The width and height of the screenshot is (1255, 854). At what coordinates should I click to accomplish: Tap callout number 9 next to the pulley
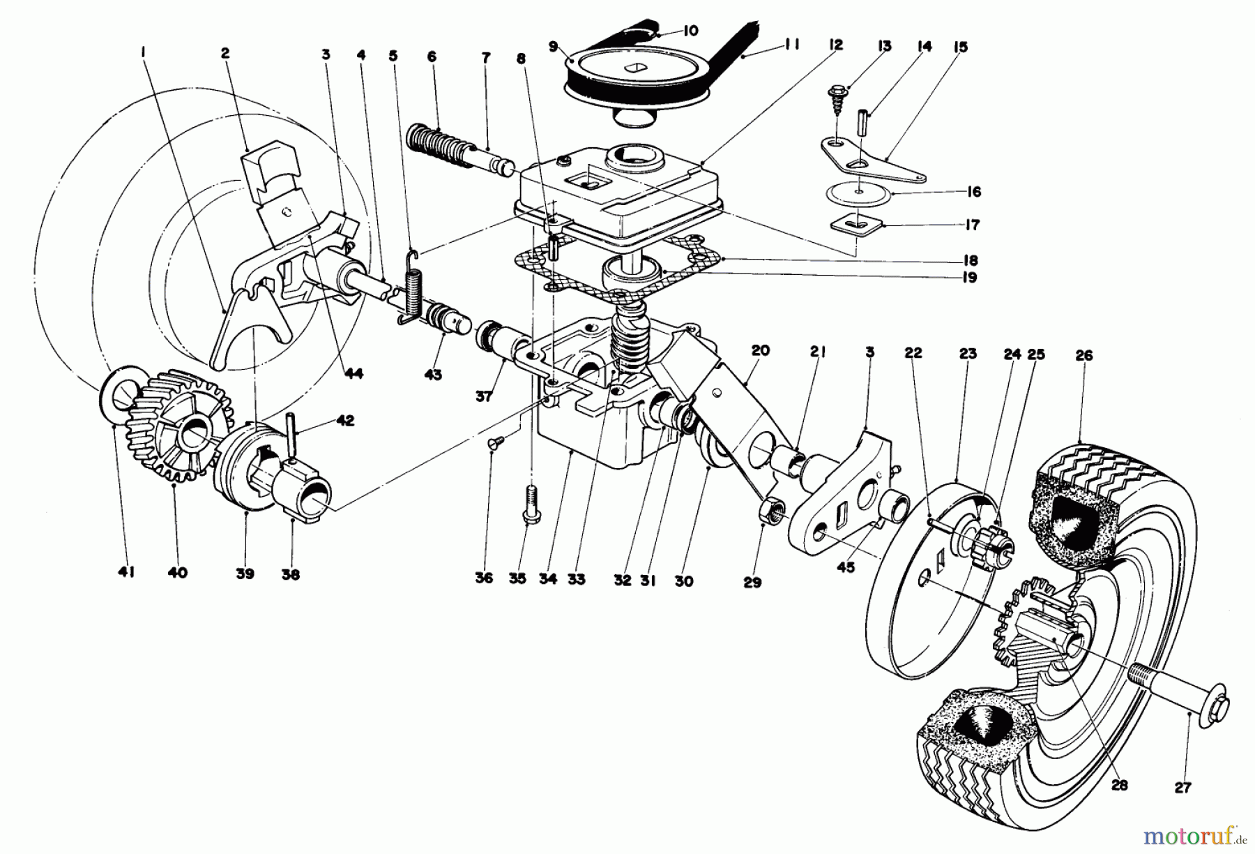(x=553, y=47)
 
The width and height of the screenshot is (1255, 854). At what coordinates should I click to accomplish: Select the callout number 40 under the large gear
(x=177, y=572)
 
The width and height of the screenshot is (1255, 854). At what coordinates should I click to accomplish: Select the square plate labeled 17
(x=858, y=225)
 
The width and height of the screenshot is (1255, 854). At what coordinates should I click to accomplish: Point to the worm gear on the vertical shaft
(x=627, y=342)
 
